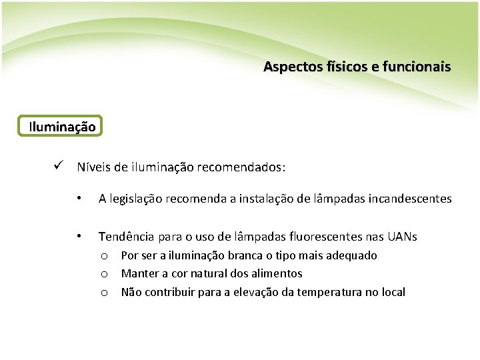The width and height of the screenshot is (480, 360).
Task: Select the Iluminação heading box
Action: click(x=62, y=125)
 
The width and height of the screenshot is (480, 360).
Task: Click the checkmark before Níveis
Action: click(x=59, y=166)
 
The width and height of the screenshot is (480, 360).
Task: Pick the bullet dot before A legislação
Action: click(x=79, y=198)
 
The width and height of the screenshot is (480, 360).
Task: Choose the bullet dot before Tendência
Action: click(x=79, y=235)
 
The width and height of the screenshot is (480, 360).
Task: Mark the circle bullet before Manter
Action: click(x=105, y=274)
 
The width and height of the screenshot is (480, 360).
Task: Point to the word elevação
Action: click(x=257, y=292)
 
